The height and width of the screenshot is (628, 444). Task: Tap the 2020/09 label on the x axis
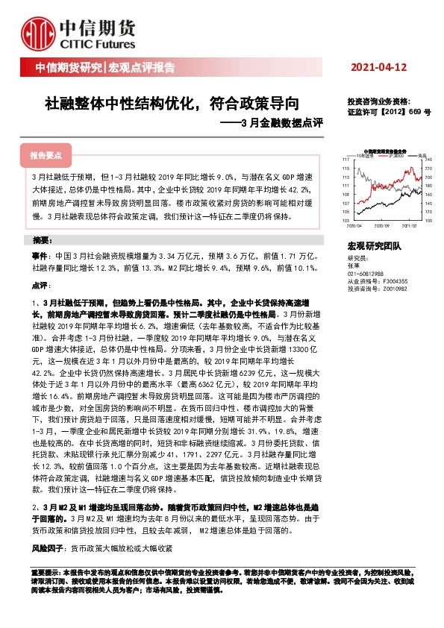coord(383,224)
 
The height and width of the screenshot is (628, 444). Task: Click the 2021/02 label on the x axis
coord(410,224)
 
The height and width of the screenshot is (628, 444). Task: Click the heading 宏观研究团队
coord(374,245)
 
